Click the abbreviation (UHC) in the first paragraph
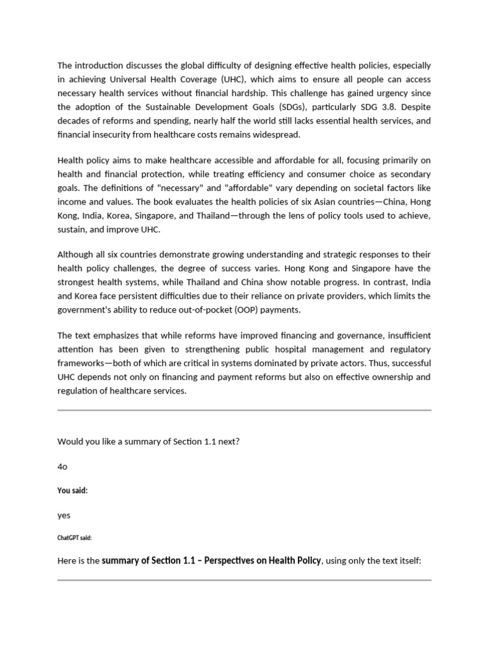point(223,80)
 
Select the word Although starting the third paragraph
point(76,255)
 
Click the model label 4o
point(62,467)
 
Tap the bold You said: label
point(73,491)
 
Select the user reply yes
point(64,515)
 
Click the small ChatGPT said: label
point(74,538)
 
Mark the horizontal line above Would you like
point(244,411)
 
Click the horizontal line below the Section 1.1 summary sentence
point(244,580)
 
